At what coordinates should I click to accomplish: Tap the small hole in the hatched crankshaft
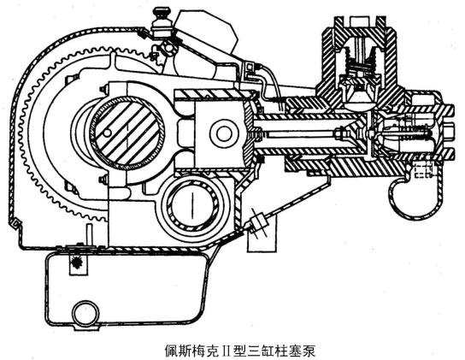point(107,133)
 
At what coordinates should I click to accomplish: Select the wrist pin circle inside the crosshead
point(224,133)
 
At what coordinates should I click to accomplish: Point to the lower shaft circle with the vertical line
point(193,204)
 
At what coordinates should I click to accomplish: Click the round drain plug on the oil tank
point(86,314)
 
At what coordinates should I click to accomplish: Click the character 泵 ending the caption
point(309,351)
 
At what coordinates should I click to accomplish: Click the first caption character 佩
point(172,351)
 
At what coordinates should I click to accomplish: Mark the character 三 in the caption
point(255,351)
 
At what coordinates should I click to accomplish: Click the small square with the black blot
point(79,263)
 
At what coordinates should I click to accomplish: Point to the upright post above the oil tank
point(89,235)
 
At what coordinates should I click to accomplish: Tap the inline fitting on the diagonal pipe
point(259,221)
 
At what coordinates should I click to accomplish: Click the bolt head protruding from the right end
point(449,133)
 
